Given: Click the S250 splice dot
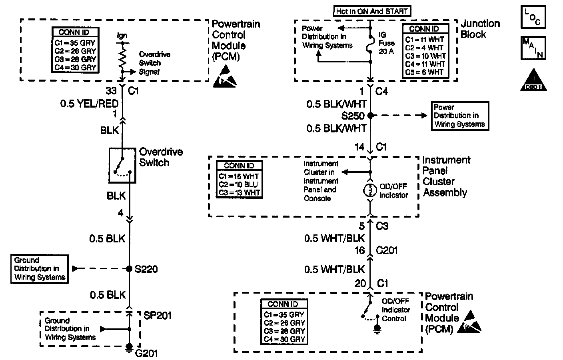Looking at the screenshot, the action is click(370, 115).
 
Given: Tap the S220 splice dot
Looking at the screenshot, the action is click(129, 269).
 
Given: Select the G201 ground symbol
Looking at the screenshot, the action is click(129, 348).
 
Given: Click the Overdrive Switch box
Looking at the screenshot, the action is click(122, 166).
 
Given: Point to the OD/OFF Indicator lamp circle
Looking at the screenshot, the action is click(370, 190).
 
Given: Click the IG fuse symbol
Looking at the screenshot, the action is click(370, 45).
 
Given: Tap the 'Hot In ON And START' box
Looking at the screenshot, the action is click(372, 11).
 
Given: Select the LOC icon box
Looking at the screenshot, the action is click(533, 16).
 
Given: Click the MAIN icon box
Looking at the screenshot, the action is click(533, 48).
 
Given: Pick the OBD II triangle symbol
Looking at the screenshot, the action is click(533, 80).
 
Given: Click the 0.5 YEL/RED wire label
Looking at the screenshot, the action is click(89, 104).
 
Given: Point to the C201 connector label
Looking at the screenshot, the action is click(387, 250).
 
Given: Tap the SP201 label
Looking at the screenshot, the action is click(157, 315).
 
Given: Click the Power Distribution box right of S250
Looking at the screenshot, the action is click(460, 116).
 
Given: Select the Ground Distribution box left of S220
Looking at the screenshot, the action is click(40, 269).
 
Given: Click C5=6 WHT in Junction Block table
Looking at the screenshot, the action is click(424, 72).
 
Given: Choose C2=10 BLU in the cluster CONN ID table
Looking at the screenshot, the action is click(238, 184).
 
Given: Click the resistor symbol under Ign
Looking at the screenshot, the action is click(122, 58).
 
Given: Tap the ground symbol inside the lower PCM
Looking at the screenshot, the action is click(377, 329).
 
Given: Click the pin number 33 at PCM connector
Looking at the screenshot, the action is click(111, 91).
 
